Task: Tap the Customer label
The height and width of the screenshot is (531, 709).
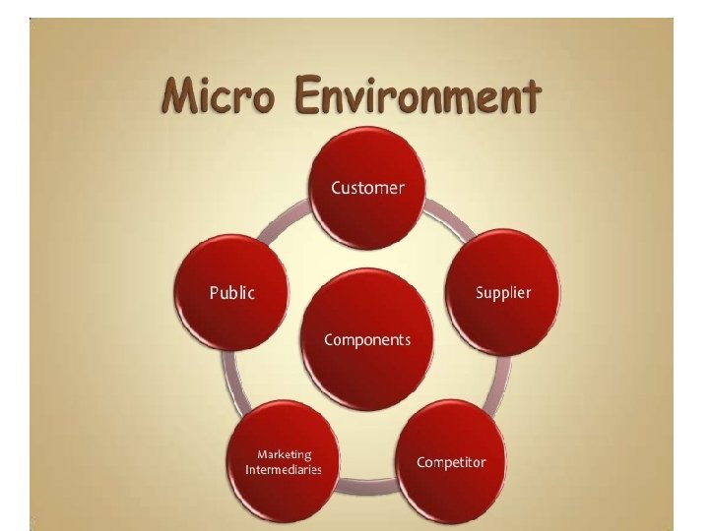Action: pos(367,187)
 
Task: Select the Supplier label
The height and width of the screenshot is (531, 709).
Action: pos(503,292)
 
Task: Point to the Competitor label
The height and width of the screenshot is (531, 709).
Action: pos(451,462)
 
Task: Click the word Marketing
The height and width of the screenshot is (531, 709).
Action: pos(285,454)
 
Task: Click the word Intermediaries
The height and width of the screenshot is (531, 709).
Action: pos(284,470)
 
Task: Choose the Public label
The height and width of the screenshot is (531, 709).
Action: pos(231,292)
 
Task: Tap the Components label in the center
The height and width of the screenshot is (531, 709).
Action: pos(367,340)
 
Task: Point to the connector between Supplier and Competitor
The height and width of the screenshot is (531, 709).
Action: pos(501,379)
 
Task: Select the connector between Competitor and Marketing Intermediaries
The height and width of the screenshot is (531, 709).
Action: pos(368,484)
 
